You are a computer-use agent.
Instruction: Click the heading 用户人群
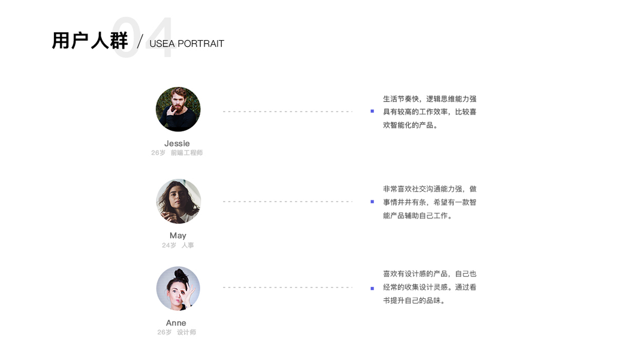point(90,41)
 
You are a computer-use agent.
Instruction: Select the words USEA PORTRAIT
point(186,44)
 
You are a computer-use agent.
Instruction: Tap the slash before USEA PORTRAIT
point(140,42)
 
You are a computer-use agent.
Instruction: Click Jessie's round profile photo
point(178,109)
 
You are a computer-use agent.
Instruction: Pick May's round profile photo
point(178,201)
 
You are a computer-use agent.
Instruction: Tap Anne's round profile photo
point(178,289)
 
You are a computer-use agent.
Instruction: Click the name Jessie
point(177,143)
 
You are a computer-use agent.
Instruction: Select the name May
point(177,235)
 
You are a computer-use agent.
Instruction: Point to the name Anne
point(176,323)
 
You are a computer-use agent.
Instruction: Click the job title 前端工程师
point(186,153)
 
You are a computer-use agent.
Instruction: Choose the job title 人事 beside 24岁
point(188,245)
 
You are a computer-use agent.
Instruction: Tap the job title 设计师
point(186,332)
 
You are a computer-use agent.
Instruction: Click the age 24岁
point(169,245)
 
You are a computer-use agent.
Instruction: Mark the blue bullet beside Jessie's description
point(372,111)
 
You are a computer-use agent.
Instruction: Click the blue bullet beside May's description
point(372,202)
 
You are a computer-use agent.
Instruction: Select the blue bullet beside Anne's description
point(372,288)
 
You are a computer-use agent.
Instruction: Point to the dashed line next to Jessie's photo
point(288,112)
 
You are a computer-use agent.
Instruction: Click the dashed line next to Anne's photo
point(288,287)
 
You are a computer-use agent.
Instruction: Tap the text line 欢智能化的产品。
point(411,125)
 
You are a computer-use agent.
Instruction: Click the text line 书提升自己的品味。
point(414,301)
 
